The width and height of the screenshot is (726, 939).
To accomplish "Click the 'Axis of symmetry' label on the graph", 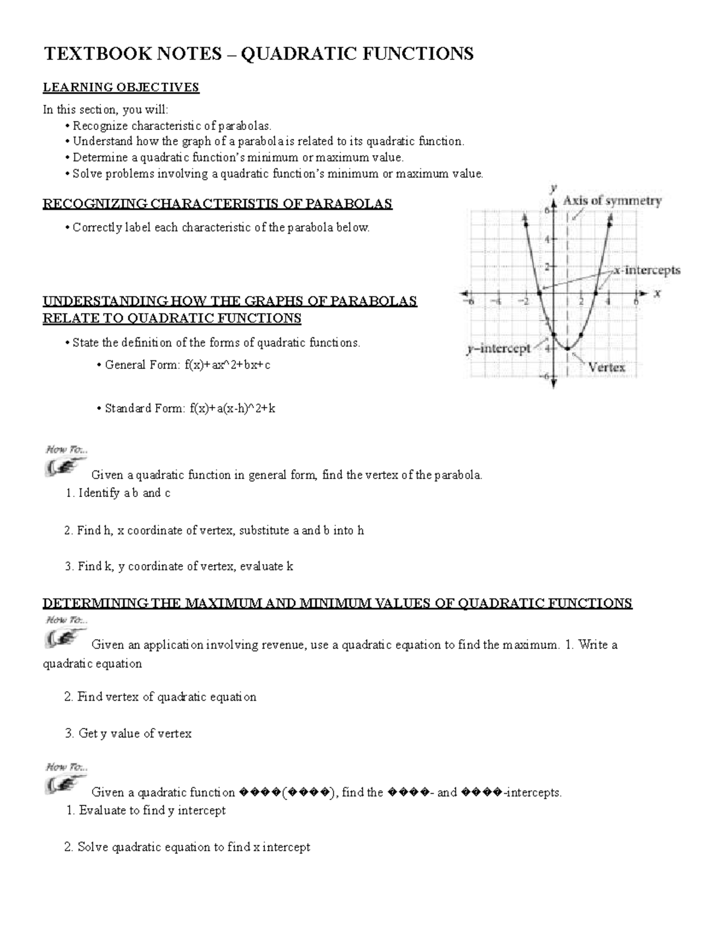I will pyautogui.click(x=612, y=201).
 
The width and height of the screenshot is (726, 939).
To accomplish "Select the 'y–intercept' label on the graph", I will pyautogui.click(x=498, y=349).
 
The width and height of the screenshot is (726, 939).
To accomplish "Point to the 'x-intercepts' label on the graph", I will pyautogui.click(x=647, y=270).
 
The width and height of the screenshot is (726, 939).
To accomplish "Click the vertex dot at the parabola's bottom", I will pyautogui.click(x=567, y=348).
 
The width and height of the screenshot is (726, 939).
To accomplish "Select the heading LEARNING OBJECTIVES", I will pyautogui.click(x=120, y=87).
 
